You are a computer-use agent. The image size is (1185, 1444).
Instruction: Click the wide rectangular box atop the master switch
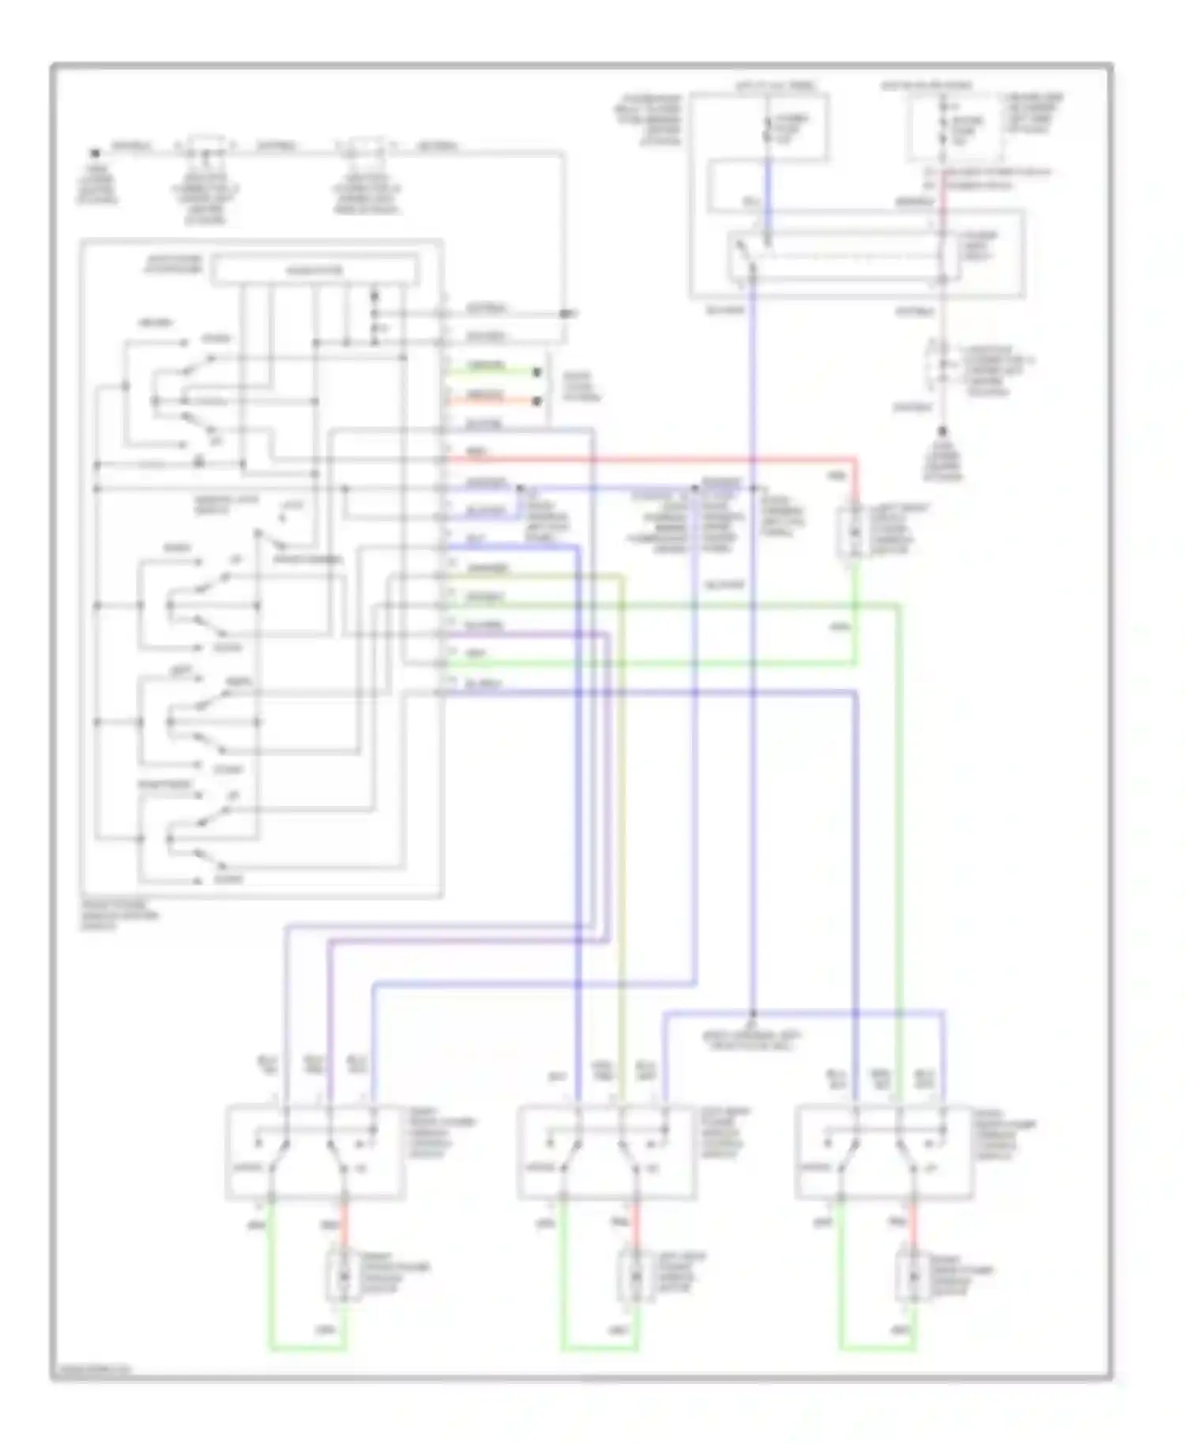tap(316, 271)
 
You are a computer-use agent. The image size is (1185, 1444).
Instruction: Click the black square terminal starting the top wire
tap(95, 152)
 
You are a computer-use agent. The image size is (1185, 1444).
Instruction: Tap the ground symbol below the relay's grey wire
tap(941, 434)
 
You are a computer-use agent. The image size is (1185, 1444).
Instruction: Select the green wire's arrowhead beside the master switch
tap(537, 372)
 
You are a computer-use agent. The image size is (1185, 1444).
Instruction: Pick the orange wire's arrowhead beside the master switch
tap(537, 401)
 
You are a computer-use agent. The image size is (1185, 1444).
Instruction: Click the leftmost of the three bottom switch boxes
tap(316, 1153)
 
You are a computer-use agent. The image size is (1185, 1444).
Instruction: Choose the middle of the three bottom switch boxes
tap(607, 1153)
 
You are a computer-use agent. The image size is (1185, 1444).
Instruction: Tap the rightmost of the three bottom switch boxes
tap(883, 1153)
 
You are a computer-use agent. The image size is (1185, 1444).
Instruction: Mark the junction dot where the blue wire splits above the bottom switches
tap(753, 1013)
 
